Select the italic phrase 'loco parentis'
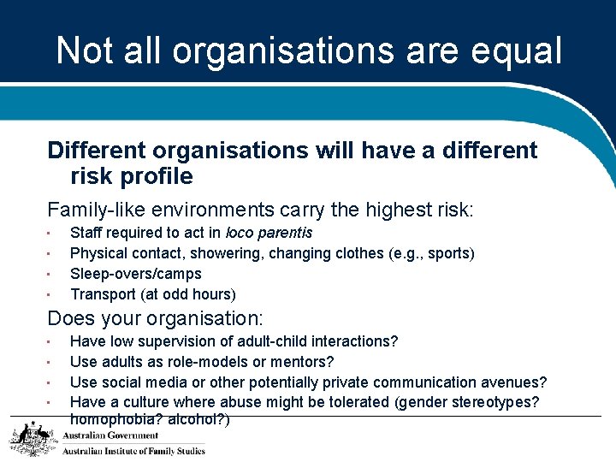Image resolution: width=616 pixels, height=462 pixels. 269,233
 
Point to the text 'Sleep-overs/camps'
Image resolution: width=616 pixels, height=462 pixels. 136,274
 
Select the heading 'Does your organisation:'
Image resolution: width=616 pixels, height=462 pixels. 156,319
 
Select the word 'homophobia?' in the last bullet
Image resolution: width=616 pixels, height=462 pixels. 112,420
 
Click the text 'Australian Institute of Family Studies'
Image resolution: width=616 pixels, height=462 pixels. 133,451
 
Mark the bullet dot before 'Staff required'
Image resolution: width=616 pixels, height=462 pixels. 50,233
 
